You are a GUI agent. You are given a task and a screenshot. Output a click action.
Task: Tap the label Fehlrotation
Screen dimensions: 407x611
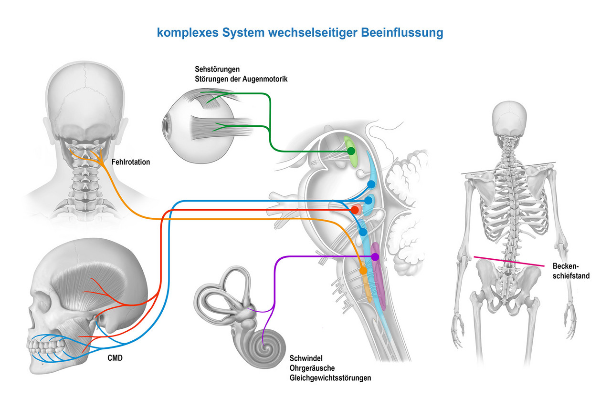[x=130, y=162]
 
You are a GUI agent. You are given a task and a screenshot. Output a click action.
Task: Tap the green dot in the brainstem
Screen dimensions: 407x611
[x=351, y=151]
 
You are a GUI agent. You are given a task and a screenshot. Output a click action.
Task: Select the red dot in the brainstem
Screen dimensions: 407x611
[x=355, y=210]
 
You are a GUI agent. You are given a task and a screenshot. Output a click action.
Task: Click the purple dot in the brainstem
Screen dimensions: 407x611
[x=375, y=257]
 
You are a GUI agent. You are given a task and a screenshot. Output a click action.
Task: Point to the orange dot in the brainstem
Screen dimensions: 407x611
[x=363, y=271]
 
